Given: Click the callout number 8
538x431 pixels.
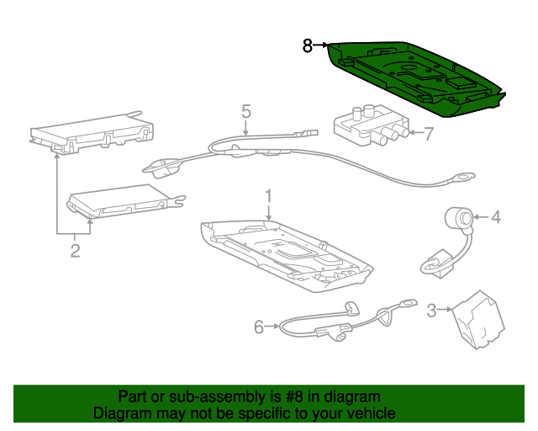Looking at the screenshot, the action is click(x=308, y=45).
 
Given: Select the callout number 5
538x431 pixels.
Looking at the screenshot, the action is click(x=246, y=111).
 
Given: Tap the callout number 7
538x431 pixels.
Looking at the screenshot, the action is click(x=429, y=133).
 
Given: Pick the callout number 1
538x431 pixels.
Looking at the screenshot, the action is click(x=269, y=196).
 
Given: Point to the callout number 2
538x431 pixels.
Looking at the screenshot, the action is click(x=75, y=251).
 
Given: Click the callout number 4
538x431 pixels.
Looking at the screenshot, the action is click(x=496, y=217).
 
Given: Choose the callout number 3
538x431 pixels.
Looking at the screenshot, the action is click(x=431, y=310).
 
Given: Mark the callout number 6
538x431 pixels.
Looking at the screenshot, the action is click(x=259, y=327).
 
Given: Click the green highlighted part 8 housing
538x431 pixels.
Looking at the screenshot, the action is click(x=415, y=79).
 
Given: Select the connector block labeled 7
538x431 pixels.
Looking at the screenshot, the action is click(x=372, y=125).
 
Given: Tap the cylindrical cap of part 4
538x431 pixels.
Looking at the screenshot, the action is click(x=459, y=218).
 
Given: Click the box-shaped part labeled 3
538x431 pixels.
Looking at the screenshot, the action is click(x=478, y=320).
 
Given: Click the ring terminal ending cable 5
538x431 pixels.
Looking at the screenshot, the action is click(x=463, y=178).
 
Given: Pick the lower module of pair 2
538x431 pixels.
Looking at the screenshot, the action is click(x=125, y=201).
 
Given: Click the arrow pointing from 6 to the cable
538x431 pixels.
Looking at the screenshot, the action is click(x=272, y=326).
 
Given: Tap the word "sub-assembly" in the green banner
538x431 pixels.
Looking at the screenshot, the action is click(x=218, y=397).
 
